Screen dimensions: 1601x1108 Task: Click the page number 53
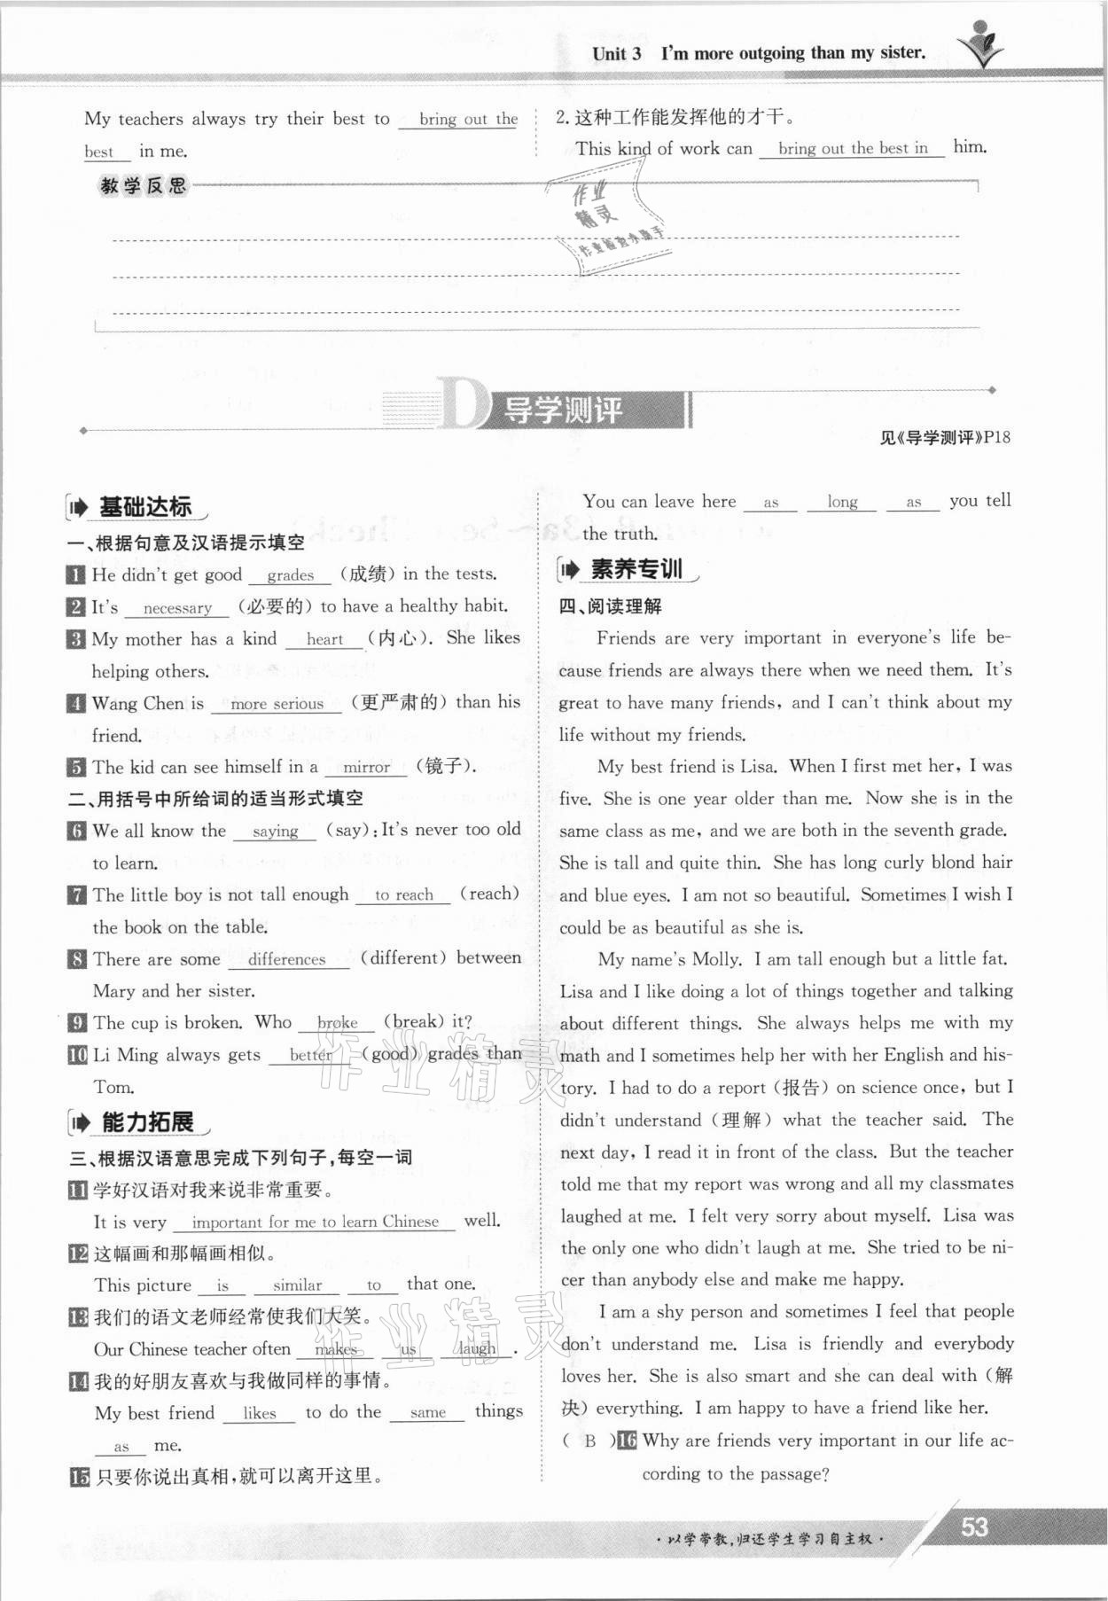974,1527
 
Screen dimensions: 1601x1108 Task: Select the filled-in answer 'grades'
291,575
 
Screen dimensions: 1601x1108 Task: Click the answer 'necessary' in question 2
177,608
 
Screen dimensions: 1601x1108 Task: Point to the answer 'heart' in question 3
324,639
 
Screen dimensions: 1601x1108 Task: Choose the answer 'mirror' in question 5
366,768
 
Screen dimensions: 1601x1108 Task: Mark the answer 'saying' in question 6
275,832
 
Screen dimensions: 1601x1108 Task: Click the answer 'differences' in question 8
286,959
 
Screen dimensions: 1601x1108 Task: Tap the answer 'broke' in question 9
337,1023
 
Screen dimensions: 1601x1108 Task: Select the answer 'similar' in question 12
297,1285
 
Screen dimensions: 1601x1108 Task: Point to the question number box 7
77,895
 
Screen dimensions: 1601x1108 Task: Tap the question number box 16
627,1441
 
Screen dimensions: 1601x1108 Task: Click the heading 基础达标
144,507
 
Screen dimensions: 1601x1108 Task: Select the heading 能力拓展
147,1122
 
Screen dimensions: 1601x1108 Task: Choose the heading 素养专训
636,569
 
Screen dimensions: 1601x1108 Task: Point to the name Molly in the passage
715,959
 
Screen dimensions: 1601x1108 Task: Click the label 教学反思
144,186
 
